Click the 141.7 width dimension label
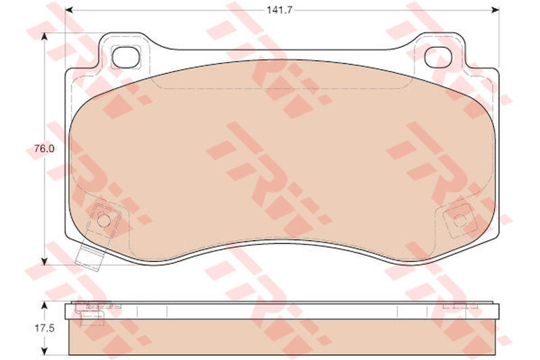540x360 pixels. [x=279, y=10]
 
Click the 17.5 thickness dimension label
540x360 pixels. [x=44, y=328]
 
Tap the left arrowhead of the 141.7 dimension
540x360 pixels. [x=69, y=10]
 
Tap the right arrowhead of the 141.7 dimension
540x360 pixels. [x=495, y=10]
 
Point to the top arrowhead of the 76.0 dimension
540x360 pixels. [x=44, y=37]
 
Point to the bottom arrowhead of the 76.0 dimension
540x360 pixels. [x=44, y=261]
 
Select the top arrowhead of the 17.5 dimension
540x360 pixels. [x=44, y=306]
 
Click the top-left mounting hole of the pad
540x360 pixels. [x=126, y=57]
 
